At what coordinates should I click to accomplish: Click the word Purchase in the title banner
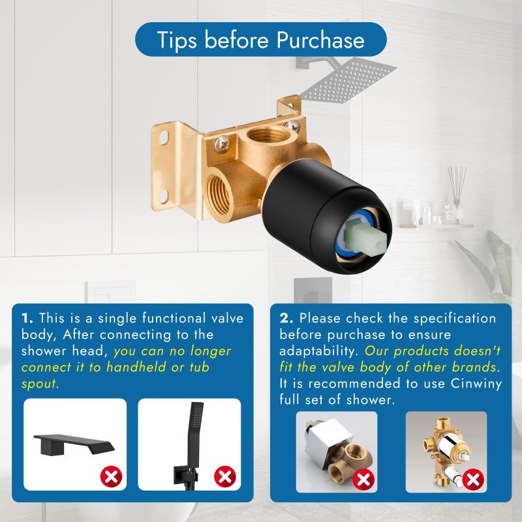(x=320, y=40)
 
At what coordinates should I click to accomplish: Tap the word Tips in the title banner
(x=176, y=40)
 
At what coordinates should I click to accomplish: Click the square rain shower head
(x=348, y=80)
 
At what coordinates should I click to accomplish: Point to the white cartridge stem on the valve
(x=365, y=238)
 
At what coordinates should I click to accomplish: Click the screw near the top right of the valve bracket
(x=292, y=126)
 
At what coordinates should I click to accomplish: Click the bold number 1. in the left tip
(x=27, y=318)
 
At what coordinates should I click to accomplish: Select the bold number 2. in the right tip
(x=286, y=318)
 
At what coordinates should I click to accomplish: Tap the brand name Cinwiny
(x=476, y=384)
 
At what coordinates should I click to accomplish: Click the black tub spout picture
(x=74, y=444)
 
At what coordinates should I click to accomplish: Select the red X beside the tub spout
(x=112, y=476)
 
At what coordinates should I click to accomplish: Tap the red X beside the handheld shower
(x=225, y=476)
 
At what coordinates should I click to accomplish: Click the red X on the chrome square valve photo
(x=363, y=480)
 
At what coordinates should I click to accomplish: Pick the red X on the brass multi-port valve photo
(x=473, y=480)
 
